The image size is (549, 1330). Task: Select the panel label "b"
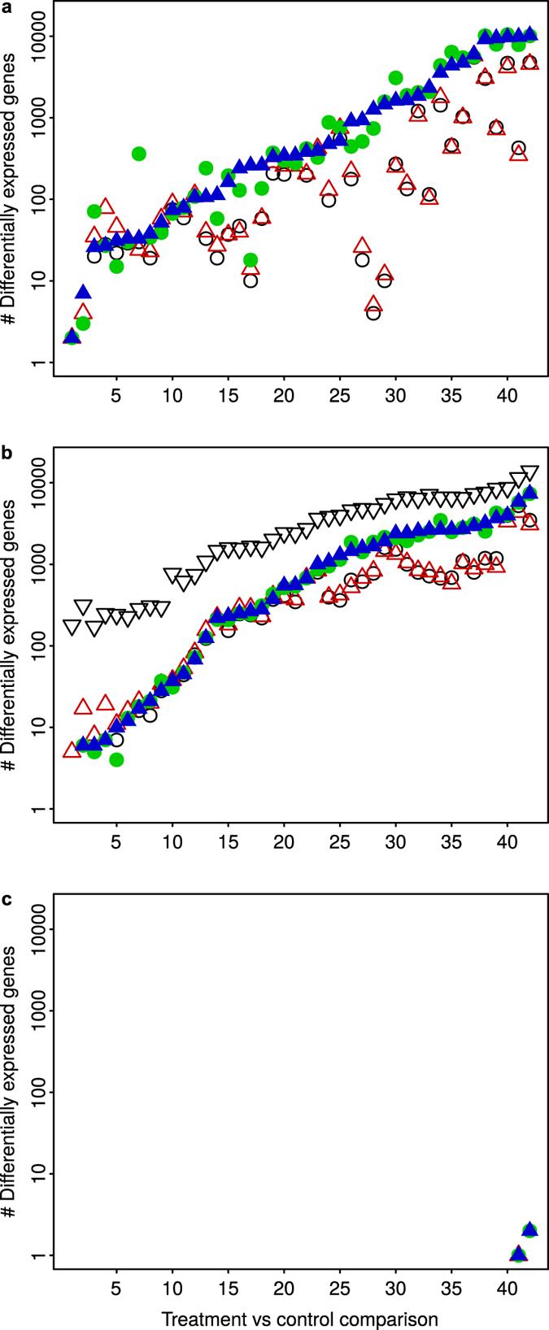click(7, 454)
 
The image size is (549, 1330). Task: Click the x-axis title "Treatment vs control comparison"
click(298, 1316)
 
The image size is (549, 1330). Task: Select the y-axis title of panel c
click(10, 1089)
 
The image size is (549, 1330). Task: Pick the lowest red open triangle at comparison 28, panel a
click(373, 304)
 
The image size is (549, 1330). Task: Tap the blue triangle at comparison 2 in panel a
click(83, 292)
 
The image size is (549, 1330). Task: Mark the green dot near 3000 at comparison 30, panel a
click(396, 78)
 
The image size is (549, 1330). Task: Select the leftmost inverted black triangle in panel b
click(72, 627)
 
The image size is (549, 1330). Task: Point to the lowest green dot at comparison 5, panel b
click(116, 759)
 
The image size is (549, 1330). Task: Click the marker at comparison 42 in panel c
click(529, 1229)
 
